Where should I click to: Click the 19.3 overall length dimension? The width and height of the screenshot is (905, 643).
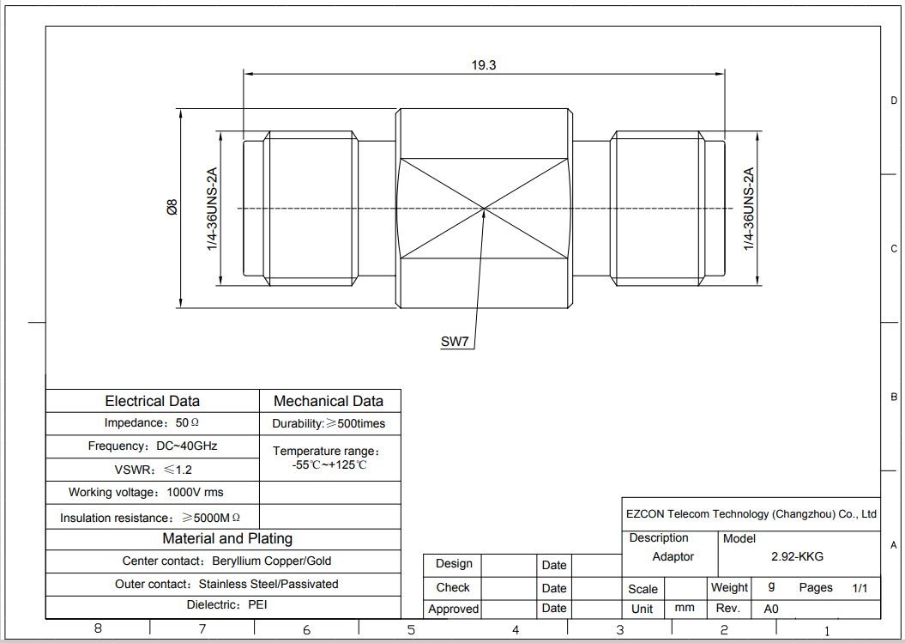pos(484,64)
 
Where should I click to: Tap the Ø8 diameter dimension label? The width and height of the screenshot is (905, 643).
pos(172,208)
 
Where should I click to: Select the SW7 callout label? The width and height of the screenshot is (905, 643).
pos(455,342)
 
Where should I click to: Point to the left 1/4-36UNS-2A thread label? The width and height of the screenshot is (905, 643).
pos(212,209)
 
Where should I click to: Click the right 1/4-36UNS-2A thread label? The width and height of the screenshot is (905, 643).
pos(749,209)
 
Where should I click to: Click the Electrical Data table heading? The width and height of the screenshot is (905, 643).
pos(153,401)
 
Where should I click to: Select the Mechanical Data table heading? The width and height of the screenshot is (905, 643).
pos(329,401)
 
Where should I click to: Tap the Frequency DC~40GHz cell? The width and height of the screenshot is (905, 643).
pos(153,446)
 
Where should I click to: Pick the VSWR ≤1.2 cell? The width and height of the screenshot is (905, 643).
pos(153,470)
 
